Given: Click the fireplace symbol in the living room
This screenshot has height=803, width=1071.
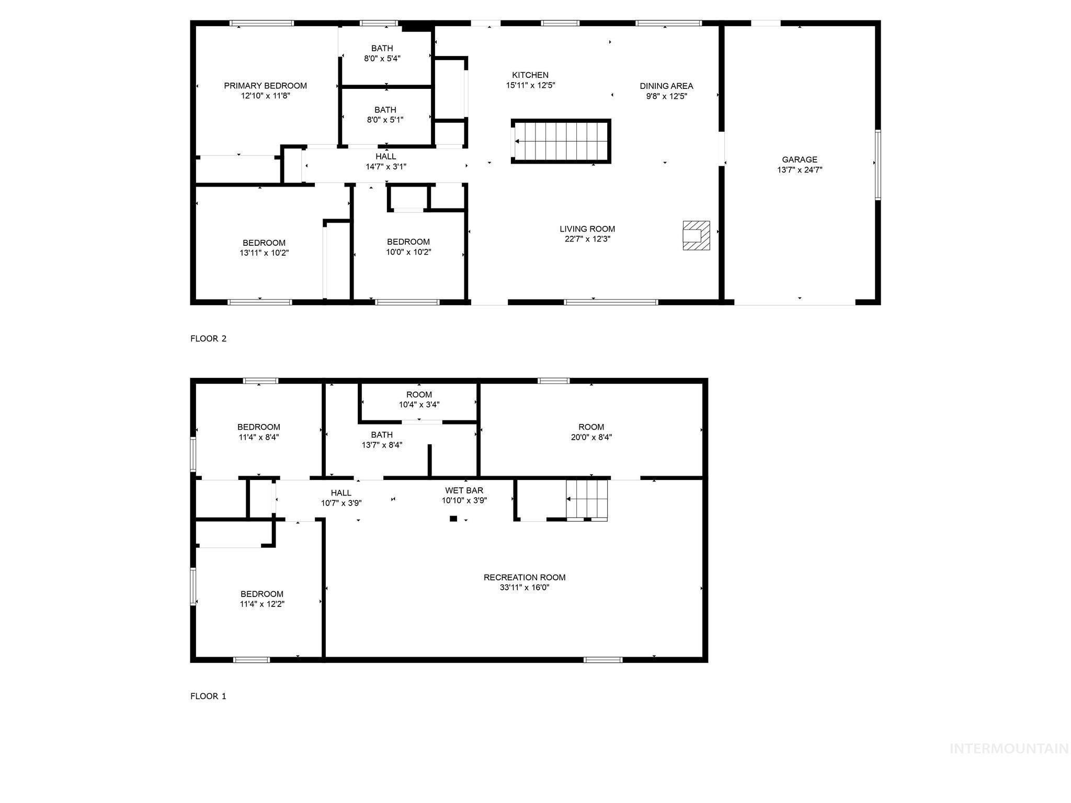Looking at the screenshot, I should point(696,235).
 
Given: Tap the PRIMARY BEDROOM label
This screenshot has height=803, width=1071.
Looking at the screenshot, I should point(265,86).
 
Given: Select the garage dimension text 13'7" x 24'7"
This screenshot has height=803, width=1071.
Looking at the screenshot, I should point(800,170).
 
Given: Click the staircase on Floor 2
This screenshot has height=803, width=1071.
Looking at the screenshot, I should point(561,141).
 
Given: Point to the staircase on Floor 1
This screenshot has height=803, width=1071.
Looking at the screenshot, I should point(587,499).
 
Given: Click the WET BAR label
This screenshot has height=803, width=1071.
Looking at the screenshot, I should point(464,490).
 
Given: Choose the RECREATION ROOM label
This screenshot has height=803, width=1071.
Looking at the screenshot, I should point(525,577).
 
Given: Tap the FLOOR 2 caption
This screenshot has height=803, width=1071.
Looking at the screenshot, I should point(208,339).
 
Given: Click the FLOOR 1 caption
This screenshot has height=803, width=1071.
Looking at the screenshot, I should point(208,696).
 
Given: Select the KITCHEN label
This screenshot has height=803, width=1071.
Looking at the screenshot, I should point(530,75).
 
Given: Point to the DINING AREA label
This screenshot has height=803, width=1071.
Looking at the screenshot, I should point(666,86).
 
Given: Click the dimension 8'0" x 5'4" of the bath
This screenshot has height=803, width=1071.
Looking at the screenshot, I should point(382,59).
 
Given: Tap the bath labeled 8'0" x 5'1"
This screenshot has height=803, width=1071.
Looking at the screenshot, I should point(385,115).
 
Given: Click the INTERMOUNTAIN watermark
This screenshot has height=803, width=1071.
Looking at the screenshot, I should point(1009,749).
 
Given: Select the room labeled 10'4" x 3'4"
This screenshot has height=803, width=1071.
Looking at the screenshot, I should point(419,400).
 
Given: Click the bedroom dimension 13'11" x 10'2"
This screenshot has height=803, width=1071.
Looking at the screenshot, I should point(264,253).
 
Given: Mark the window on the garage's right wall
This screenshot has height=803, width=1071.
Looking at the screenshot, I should point(878,165).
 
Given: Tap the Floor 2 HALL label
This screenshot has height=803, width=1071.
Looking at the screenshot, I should point(385,156).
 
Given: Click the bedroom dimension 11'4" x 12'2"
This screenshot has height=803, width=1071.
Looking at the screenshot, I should point(262,604).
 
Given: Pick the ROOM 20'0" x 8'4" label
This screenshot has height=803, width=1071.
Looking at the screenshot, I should point(591,432).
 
